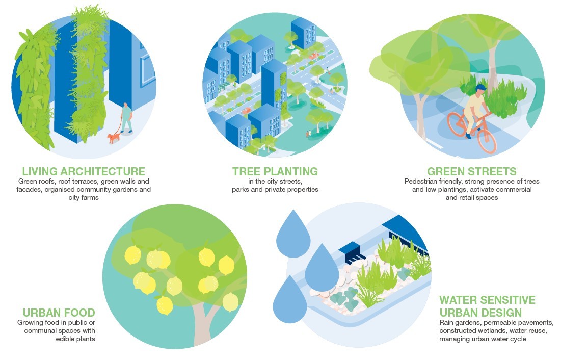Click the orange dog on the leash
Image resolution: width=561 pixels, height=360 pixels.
[x=114, y=138]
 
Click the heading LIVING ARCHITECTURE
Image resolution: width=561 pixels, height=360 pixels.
[x=84, y=171]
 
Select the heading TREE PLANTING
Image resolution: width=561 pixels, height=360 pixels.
[x=275, y=171]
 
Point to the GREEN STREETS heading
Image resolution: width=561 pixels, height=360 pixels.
[x=471, y=171]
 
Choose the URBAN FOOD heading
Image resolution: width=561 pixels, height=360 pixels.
[x=59, y=313]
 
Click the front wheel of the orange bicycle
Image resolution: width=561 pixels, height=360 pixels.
[x=487, y=141]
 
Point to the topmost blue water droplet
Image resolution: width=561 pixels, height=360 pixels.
[x=294, y=234]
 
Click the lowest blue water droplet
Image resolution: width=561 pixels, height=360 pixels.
[x=290, y=300]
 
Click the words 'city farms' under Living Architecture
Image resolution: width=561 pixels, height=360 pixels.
[x=84, y=198]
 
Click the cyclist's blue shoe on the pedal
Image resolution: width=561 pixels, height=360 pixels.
[x=468, y=136]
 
